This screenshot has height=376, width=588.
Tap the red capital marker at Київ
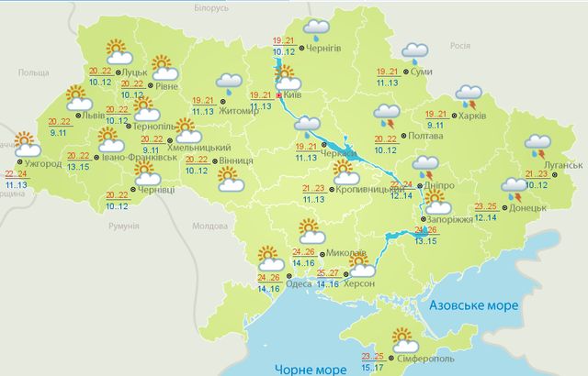[281, 94]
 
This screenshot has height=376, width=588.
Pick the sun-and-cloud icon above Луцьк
[118, 50]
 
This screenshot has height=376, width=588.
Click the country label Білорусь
[209, 6]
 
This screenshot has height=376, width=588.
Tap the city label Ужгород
[41, 163]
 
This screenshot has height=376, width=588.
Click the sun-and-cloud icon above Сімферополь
[401, 337]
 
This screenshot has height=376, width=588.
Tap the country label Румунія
[122, 225]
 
